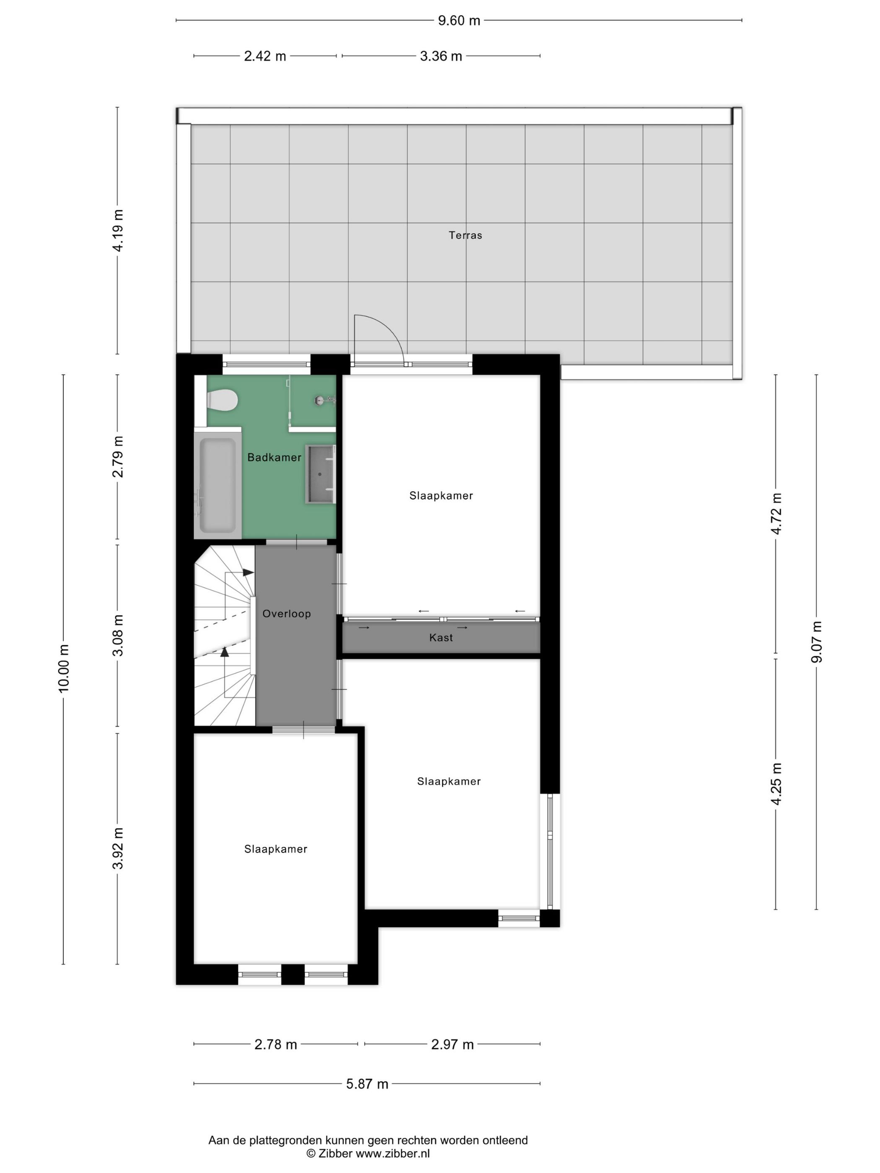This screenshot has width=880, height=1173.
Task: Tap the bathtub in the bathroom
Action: point(217,485)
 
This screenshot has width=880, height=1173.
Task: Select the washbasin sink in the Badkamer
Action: point(320,474)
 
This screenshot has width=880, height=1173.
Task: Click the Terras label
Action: point(465,235)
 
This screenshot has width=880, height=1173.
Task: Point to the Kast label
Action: point(441,638)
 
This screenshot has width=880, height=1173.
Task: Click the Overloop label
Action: point(287,614)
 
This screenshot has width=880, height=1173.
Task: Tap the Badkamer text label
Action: point(274,457)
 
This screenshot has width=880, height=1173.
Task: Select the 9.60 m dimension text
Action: point(459,21)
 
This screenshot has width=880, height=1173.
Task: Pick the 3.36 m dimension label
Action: point(441,56)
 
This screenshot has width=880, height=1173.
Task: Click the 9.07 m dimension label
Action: point(816,642)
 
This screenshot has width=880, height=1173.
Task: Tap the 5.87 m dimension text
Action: point(367,1084)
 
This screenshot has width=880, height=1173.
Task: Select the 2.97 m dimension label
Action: point(452,1044)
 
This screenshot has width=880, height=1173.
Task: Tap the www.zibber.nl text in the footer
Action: point(393,1153)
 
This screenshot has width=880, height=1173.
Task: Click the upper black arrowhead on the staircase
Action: point(248,573)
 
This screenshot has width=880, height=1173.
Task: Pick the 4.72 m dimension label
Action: point(776,513)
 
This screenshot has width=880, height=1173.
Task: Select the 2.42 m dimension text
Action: point(265,56)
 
